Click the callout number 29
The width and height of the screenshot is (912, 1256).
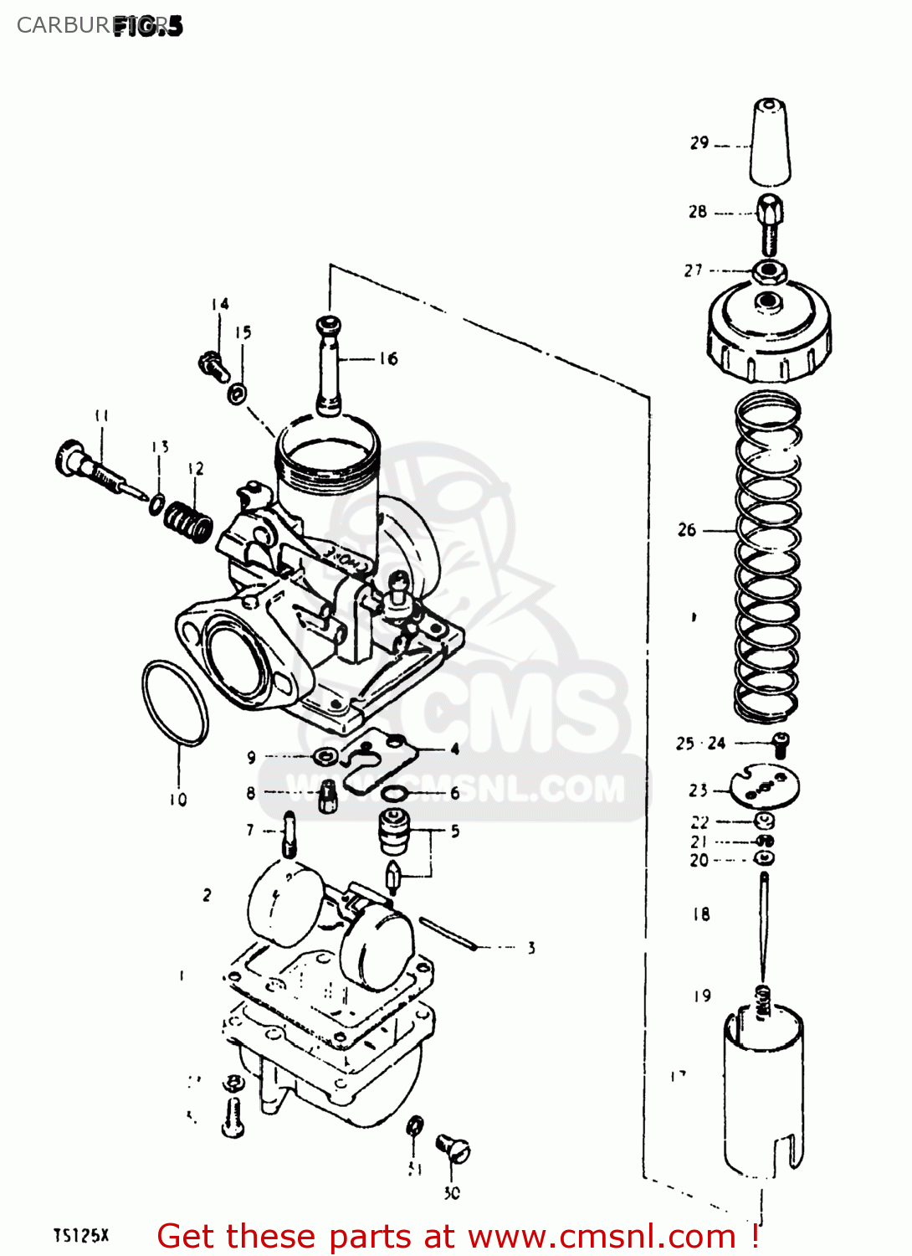pyautogui.click(x=699, y=143)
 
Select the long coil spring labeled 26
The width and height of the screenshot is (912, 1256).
pyautogui.click(x=767, y=557)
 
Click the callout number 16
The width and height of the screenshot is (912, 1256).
pyautogui.click(x=388, y=359)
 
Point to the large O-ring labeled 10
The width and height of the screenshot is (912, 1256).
pyautogui.click(x=175, y=702)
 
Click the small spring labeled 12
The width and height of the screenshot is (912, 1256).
pyautogui.click(x=188, y=521)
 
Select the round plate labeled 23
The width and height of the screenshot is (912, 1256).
pyautogui.click(x=765, y=788)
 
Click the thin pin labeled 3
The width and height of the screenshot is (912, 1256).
pyautogui.click(x=448, y=934)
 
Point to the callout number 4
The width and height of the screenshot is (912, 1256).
pyautogui.click(x=454, y=749)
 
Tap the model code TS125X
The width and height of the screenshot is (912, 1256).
pyautogui.click(x=81, y=1235)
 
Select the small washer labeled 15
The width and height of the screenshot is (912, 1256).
pyautogui.click(x=238, y=392)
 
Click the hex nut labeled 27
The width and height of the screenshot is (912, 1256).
pyautogui.click(x=767, y=271)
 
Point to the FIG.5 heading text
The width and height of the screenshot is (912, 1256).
pyautogui.click(x=147, y=26)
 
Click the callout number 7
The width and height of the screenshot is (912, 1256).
pyautogui.click(x=250, y=830)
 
